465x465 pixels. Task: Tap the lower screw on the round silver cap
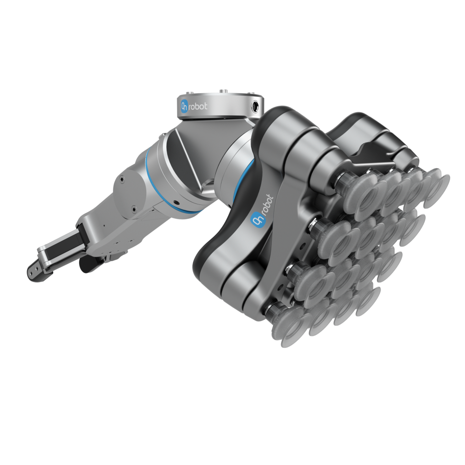coord(133,209)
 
